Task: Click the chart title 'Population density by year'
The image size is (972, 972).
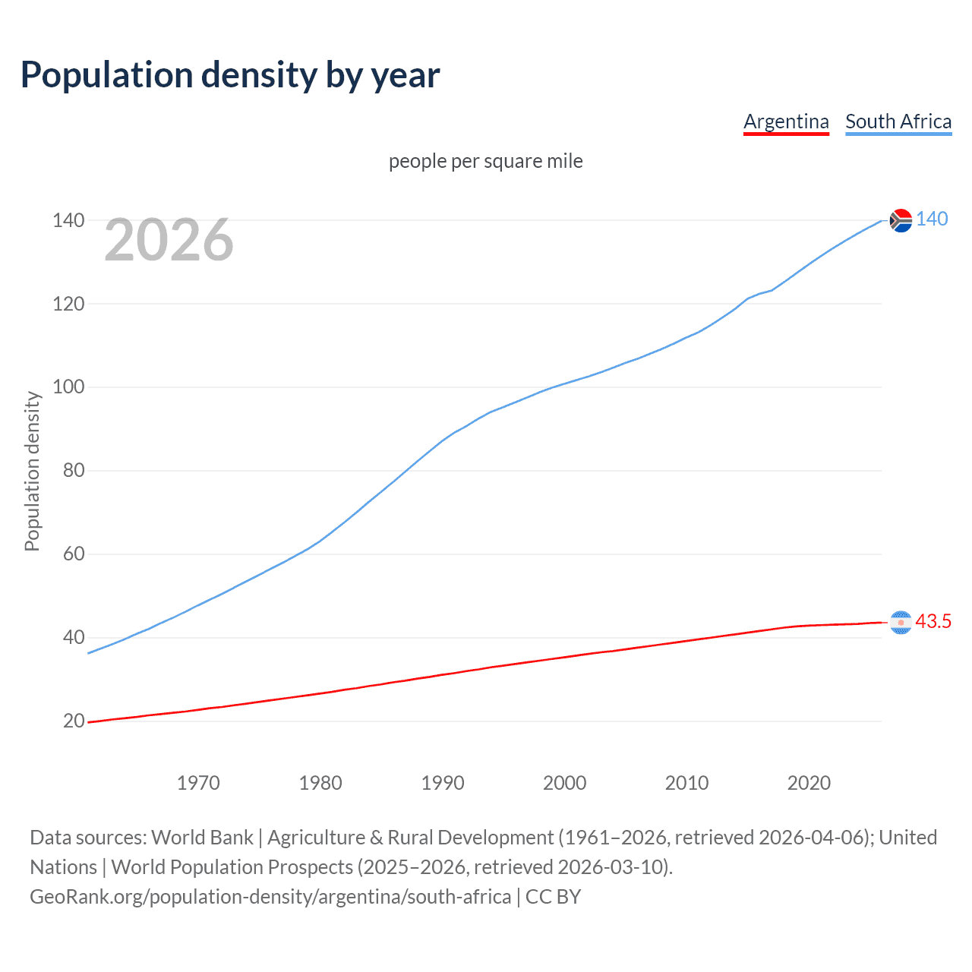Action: point(230,75)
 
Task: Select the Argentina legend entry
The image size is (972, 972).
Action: point(786,121)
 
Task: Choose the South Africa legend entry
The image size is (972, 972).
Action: point(898,121)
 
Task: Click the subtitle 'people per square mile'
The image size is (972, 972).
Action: point(485,161)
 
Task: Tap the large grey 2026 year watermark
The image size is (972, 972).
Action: point(169,240)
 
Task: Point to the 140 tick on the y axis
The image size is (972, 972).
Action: point(68,220)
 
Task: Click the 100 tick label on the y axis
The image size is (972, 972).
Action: point(68,387)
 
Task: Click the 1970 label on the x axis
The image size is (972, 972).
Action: point(198,783)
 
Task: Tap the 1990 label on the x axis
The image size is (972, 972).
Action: point(443,783)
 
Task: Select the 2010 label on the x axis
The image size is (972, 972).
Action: point(686,783)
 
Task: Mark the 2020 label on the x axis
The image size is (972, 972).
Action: point(809,783)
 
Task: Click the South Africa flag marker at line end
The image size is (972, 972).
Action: point(901,220)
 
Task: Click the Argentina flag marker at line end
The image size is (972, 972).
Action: point(901,623)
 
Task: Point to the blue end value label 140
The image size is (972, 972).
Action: point(932,219)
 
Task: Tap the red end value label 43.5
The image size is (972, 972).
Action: point(933,622)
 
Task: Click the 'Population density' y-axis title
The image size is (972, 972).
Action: point(32,471)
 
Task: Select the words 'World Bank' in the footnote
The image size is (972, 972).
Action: point(202,838)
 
